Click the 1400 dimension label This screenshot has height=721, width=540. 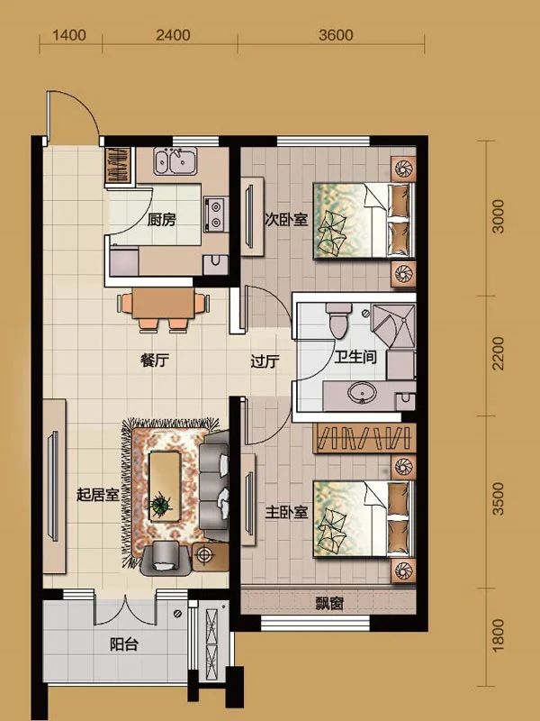[x=69, y=35]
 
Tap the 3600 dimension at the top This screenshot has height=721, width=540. [x=336, y=35]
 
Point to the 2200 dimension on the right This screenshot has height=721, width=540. [x=498, y=353]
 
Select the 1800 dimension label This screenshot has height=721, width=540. [x=498, y=635]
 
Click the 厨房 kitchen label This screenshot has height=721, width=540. [x=161, y=220]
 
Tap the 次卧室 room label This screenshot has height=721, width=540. [x=285, y=219]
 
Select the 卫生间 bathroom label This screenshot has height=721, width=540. [x=355, y=357]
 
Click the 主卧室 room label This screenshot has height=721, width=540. [x=286, y=512]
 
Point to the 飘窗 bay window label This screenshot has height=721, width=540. [x=329, y=603]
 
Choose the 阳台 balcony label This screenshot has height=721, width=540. [x=124, y=644]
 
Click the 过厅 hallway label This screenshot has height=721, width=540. [x=265, y=361]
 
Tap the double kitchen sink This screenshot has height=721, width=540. [x=175, y=161]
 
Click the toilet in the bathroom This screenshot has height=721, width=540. [x=338, y=320]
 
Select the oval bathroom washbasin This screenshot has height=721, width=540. [x=362, y=393]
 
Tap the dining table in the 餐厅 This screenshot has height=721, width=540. [x=163, y=303]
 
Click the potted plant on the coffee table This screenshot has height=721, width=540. [x=160, y=506]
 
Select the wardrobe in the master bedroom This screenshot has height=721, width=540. [x=364, y=438]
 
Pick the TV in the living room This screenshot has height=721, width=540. [x=54, y=486]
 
